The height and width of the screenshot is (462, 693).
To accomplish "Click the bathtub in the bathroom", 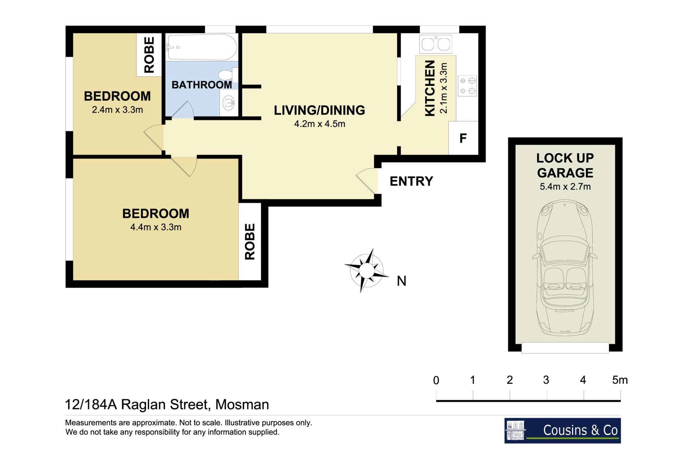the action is (202, 47).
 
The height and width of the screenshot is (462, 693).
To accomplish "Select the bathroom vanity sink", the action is (228, 103).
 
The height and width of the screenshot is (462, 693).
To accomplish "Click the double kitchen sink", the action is (436, 44).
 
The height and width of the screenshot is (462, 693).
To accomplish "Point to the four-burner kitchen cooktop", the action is (467, 86).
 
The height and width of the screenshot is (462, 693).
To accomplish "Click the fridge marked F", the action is (463, 138).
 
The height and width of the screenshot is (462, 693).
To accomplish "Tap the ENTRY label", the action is (411, 181).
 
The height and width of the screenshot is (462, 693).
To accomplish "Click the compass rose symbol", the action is (366, 270).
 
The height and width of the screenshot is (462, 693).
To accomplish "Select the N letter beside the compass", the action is (401, 281).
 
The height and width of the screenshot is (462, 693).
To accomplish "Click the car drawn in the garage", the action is (565, 268).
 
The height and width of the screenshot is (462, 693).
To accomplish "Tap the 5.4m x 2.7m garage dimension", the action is (565, 187).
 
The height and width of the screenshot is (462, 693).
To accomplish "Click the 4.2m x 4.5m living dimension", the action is (319, 124).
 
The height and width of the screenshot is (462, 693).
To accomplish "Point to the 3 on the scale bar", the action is (546, 380).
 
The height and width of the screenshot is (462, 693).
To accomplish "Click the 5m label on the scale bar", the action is (620, 380).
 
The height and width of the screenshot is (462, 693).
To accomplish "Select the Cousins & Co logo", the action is (562, 431).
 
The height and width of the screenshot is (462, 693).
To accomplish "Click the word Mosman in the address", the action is (242, 405).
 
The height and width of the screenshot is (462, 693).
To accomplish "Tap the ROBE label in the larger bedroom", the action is (250, 241).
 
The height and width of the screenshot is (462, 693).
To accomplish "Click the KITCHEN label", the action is (430, 88).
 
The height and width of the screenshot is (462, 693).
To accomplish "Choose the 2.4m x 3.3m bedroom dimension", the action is (117, 110).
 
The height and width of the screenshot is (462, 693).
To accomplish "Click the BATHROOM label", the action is (202, 85).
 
